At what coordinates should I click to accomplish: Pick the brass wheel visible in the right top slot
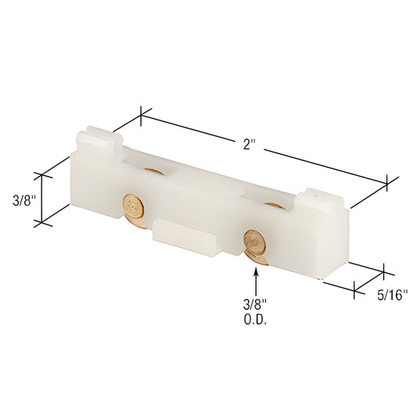[273, 205]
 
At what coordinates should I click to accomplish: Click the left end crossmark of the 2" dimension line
[141, 117]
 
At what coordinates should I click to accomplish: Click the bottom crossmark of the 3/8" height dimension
[41, 222]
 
